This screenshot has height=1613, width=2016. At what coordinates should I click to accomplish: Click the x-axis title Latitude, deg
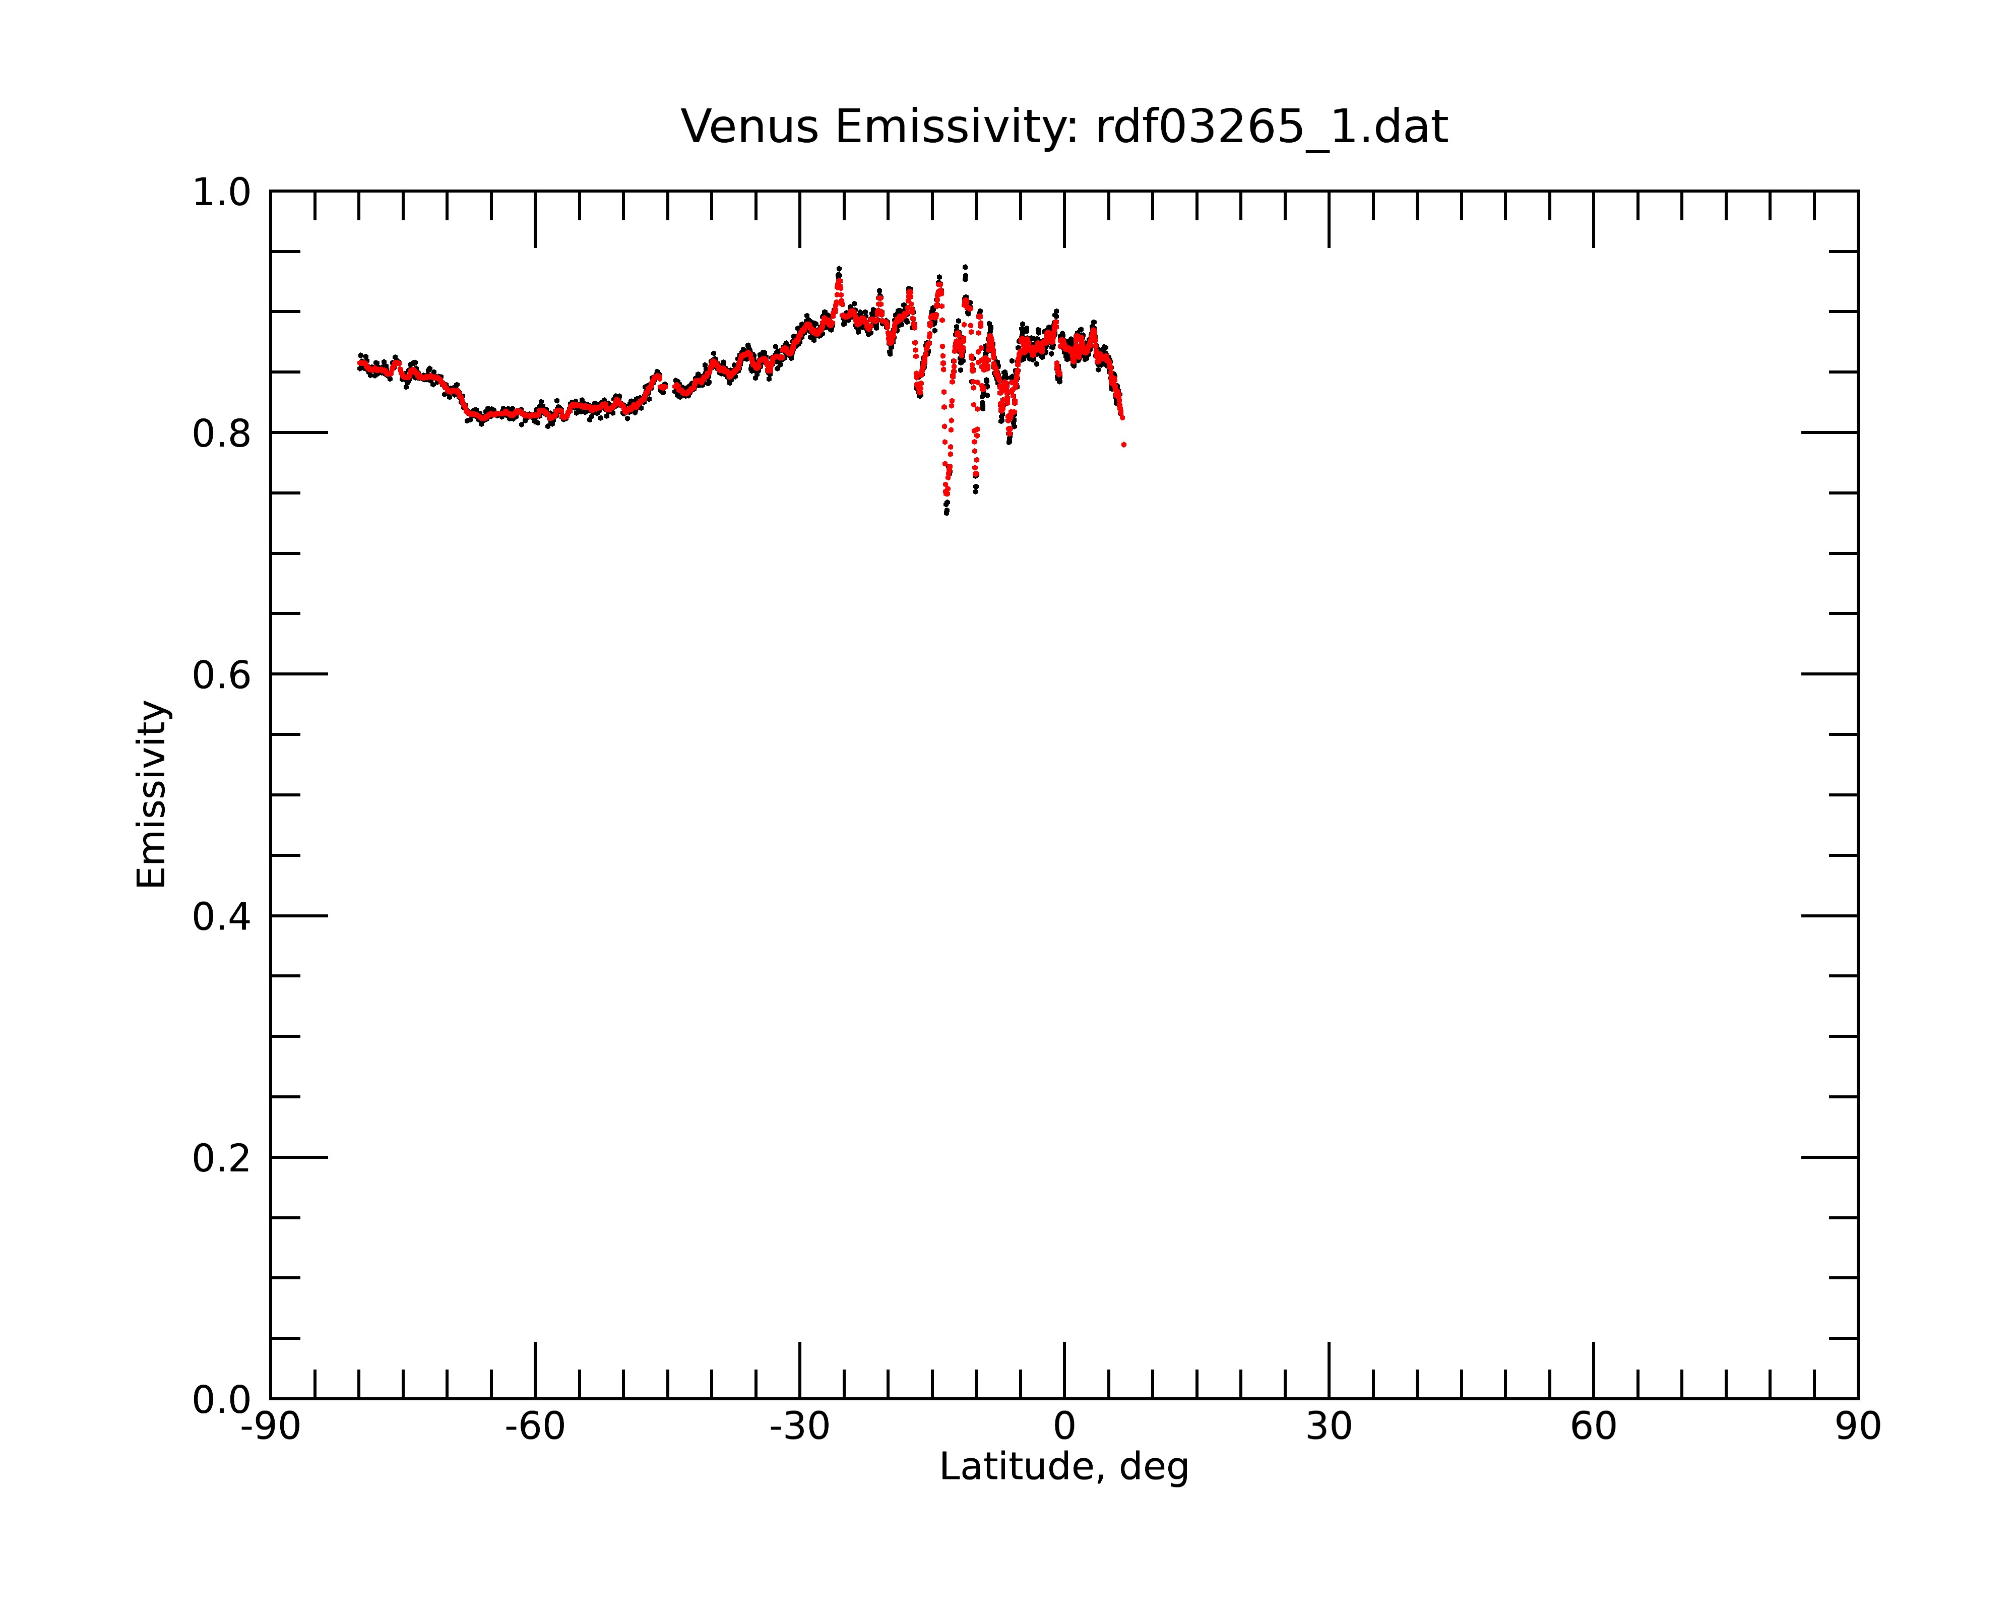(1064, 1467)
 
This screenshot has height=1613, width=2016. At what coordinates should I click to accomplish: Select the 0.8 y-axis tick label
(222, 434)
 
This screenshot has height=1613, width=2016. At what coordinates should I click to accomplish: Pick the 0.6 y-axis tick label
(222, 675)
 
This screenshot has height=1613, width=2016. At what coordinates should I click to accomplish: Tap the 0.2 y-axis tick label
(222, 1158)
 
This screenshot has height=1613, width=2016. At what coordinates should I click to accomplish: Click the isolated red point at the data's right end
(1124, 445)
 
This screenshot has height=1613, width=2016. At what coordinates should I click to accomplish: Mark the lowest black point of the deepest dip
(947, 513)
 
